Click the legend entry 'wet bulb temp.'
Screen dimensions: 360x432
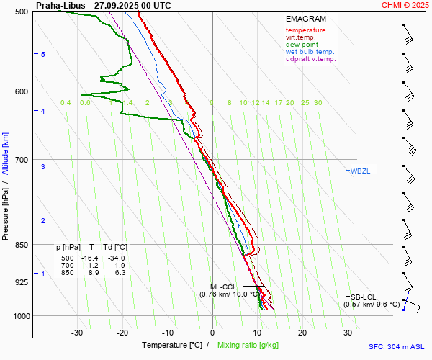[x=310, y=52]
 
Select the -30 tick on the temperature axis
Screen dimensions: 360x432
[x=77, y=333]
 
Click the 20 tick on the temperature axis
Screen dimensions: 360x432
[x=302, y=333]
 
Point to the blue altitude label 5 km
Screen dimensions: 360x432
[x=43, y=55]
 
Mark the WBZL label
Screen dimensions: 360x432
[x=360, y=171]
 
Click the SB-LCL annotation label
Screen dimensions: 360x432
[x=363, y=297]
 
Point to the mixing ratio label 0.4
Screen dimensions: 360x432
[x=66, y=103]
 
